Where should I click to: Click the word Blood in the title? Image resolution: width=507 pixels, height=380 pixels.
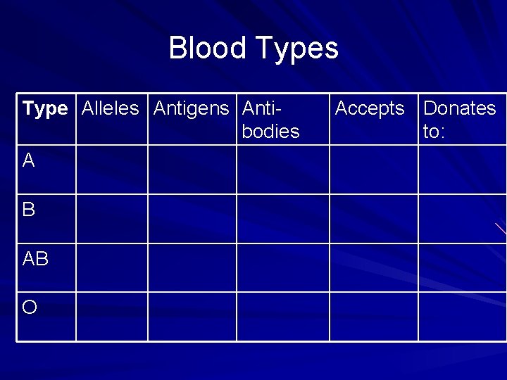(208, 49)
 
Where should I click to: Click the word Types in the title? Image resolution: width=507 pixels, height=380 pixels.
(297, 49)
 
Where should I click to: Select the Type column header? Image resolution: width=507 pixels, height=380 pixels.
(45, 109)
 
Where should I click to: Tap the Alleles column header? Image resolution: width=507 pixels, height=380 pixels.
(111, 108)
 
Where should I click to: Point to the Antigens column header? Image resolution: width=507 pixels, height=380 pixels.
(191, 108)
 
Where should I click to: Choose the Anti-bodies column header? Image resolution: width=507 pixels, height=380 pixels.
(270, 120)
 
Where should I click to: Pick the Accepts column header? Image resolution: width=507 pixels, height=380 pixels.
(370, 108)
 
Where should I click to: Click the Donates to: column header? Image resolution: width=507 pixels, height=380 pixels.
(459, 119)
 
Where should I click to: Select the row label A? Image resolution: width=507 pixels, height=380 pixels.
(29, 161)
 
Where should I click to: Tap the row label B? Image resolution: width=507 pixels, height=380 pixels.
(29, 210)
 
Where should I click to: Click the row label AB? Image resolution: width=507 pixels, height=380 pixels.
(36, 259)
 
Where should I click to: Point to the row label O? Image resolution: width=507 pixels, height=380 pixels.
(30, 308)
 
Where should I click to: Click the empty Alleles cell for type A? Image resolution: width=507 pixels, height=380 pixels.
(112, 170)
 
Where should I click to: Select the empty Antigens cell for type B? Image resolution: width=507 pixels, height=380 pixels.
(192, 219)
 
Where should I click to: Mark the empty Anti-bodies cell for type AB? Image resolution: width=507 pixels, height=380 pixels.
(283, 267)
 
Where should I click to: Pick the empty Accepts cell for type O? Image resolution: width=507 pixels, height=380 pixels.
(374, 317)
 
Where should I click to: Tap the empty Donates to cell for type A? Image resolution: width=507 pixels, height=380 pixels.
(462, 170)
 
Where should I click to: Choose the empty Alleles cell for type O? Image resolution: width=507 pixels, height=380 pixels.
(112, 317)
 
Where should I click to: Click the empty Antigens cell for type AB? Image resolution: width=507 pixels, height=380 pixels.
(192, 267)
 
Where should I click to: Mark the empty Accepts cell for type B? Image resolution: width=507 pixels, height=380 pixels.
(374, 219)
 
